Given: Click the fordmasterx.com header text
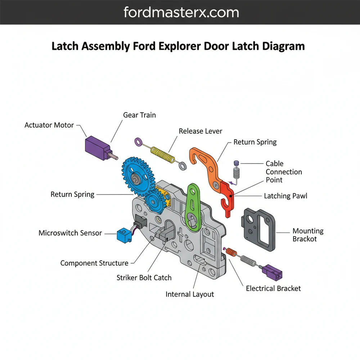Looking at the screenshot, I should pos(181,13).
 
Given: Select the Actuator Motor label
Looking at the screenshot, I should pos(49,125).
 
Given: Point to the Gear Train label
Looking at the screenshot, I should pos(139,115).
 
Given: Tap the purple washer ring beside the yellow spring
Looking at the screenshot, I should pos(138,142).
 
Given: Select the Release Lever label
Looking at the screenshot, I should pos(201,131).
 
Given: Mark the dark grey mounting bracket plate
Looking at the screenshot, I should pos(260,230).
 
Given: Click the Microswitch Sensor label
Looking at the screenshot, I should pos(70,233).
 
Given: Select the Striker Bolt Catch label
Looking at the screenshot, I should pos(144,278).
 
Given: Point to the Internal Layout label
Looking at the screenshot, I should pos(190,294).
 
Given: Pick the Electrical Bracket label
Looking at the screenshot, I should pos(273,288).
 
